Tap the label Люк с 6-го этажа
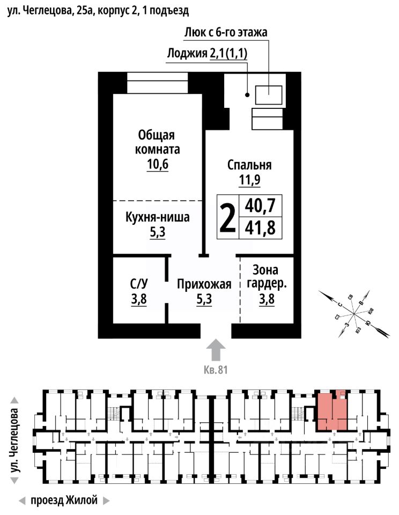pos(225,32)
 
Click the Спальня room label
pos(249,165)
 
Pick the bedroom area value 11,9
pos(249,180)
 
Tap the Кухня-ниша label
pos(158,218)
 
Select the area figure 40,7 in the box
pos(260,205)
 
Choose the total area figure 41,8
pos(260,229)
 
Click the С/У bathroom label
pos(139,284)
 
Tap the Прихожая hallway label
pos(204,284)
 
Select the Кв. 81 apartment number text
pos(216,370)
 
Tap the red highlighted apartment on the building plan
pos(331,411)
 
